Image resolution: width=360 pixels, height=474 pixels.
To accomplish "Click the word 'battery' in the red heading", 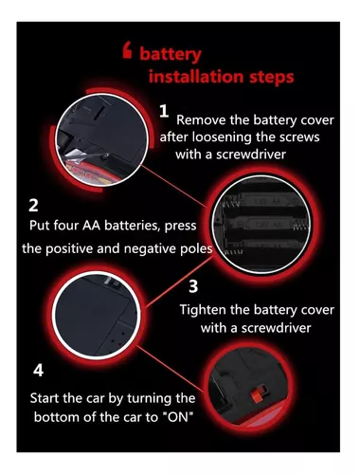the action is click(171, 54).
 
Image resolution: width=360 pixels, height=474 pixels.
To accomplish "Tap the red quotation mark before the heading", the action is click(127, 51).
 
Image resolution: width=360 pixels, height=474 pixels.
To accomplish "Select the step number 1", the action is click(164, 111).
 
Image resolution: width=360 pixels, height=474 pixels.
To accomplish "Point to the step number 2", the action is click(33, 206).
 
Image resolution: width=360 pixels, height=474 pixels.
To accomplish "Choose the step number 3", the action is click(193, 286).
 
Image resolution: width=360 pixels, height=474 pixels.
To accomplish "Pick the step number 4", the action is click(38, 371).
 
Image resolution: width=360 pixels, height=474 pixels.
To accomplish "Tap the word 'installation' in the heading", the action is click(196, 77).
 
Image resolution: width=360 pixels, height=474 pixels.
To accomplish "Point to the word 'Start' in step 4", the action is click(45, 398).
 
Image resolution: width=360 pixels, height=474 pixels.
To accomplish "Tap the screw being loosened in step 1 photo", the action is click(107, 155).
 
